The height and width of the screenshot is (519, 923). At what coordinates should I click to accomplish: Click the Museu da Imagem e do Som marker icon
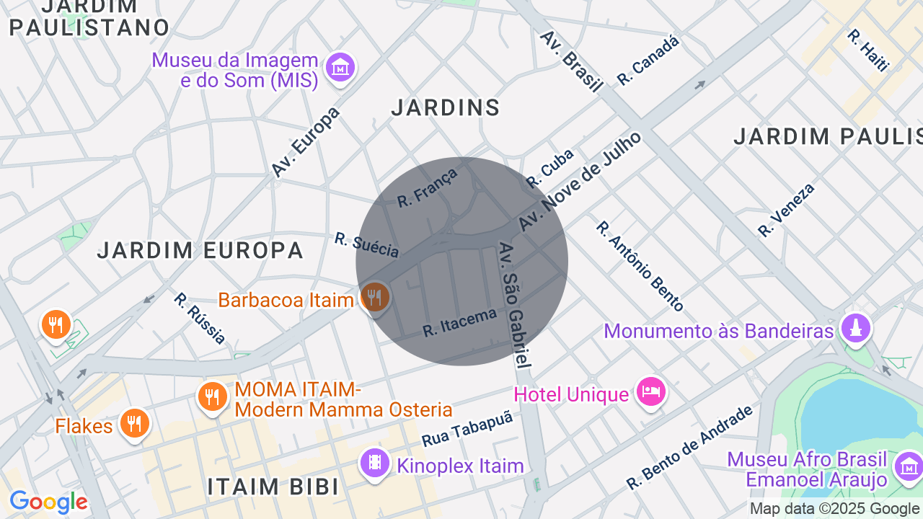click(340, 67)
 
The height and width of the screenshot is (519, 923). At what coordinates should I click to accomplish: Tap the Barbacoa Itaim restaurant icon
click(374, 296)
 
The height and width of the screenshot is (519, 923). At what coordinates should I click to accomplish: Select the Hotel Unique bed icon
click(651, 392)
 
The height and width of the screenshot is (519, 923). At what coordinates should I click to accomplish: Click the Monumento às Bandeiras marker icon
click(856, 329)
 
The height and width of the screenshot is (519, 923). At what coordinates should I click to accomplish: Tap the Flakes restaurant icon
click(134, 423)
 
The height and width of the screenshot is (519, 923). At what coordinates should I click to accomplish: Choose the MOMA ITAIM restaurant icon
click(212, 396)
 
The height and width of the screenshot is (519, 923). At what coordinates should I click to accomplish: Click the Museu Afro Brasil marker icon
click(908, 466)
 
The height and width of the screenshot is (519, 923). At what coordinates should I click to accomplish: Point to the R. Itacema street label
click(460, 322)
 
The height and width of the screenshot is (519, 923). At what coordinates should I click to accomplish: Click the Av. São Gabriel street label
click(515, 306)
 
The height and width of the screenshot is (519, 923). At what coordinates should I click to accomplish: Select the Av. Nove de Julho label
click(580, 182)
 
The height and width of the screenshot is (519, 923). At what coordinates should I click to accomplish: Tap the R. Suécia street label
click(366, 245)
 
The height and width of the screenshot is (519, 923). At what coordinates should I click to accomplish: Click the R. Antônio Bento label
click(639, 266)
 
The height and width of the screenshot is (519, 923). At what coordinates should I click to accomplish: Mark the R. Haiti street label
click(868, 50)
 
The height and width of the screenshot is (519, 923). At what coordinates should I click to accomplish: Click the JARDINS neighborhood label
click(446, 108)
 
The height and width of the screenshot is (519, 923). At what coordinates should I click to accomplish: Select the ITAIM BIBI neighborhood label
click(273, 487)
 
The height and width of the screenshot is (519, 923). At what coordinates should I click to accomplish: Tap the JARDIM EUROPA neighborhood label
click(200, 251)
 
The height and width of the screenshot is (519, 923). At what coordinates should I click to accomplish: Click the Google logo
click(48, 502)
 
